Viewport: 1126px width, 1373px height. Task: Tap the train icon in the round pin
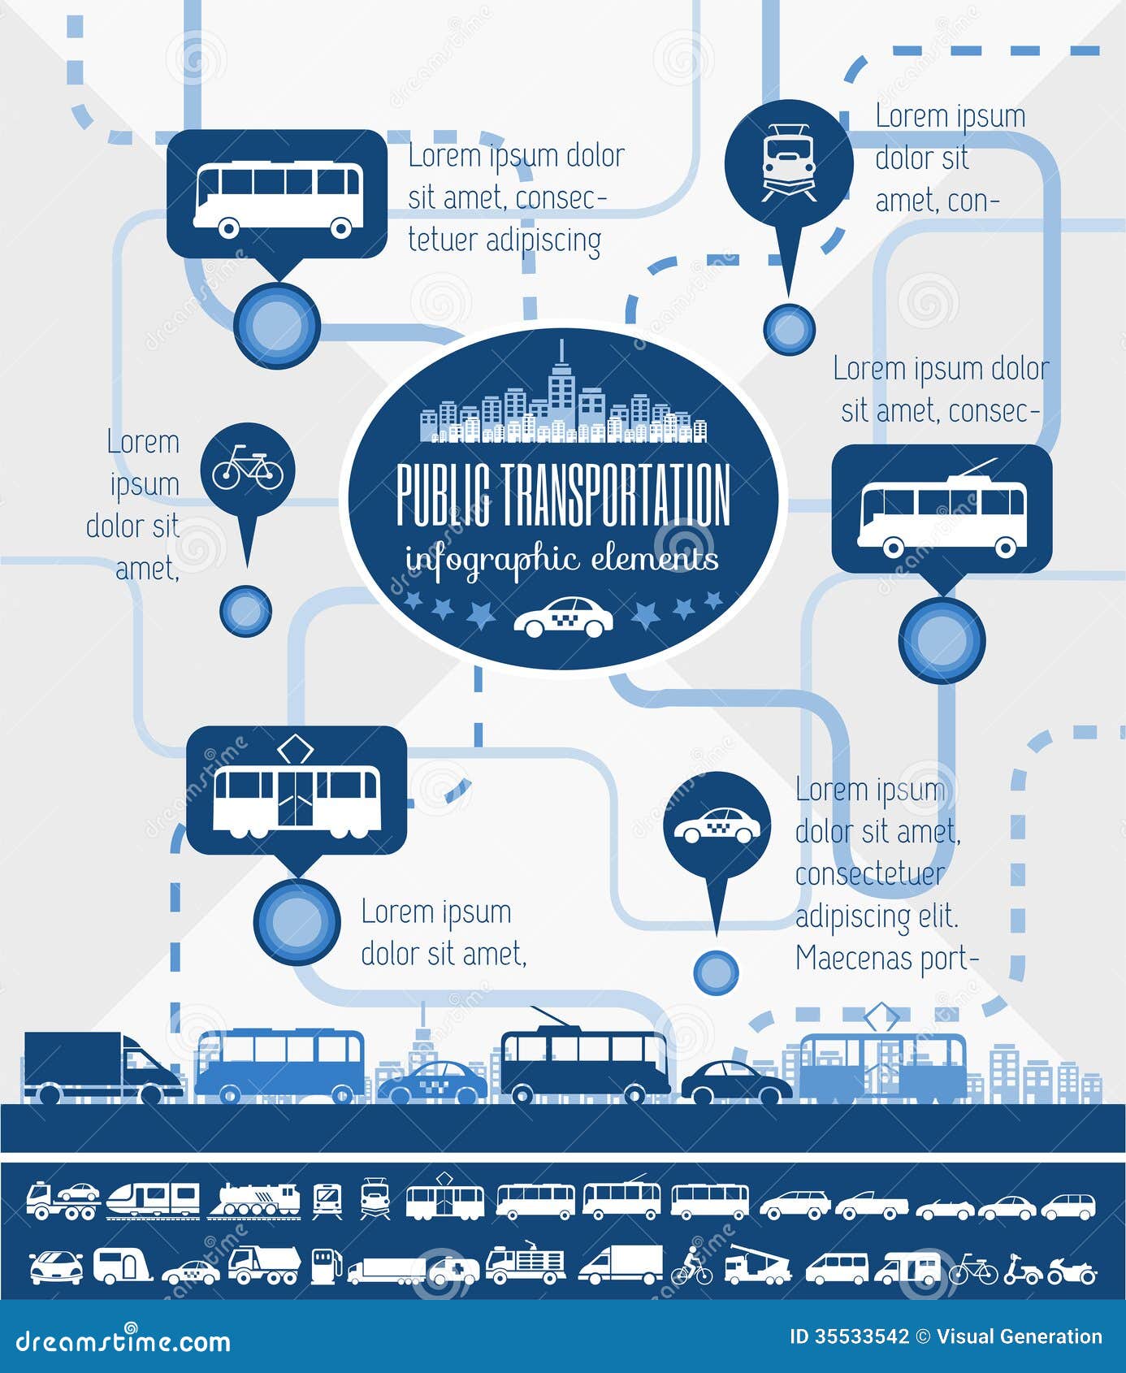pyautogui.click(x=789, y=162)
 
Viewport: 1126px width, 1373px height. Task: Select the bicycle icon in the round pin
pyautogui.click(x=248, y=468)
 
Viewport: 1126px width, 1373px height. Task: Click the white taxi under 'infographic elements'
pyautogui.click(x=564, y=618)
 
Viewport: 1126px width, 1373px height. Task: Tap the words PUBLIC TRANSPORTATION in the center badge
pyautogui.click(x=563, y=495)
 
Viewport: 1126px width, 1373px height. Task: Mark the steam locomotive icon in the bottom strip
pyautogui.click(x=253, y=1200)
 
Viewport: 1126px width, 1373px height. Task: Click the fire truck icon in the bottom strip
pyautogui.click(x=526, y=1263)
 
